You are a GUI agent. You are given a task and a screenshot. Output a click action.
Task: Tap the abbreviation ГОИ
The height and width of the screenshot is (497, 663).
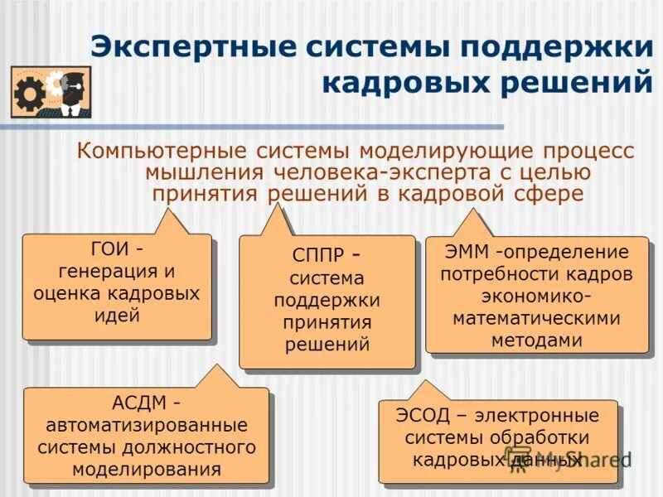(106, 249)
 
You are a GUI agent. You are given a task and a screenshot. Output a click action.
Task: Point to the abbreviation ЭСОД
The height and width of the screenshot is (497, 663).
(423, 415)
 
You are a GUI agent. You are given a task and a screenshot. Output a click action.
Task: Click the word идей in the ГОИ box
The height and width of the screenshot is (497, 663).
(117, 315)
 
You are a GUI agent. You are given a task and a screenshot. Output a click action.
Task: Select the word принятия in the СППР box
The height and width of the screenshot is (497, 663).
(327, 322)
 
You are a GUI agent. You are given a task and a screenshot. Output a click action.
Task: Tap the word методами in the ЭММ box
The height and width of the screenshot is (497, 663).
(536, 340)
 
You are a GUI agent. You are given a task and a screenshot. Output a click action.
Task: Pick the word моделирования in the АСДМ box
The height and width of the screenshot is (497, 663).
(147, 470)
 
